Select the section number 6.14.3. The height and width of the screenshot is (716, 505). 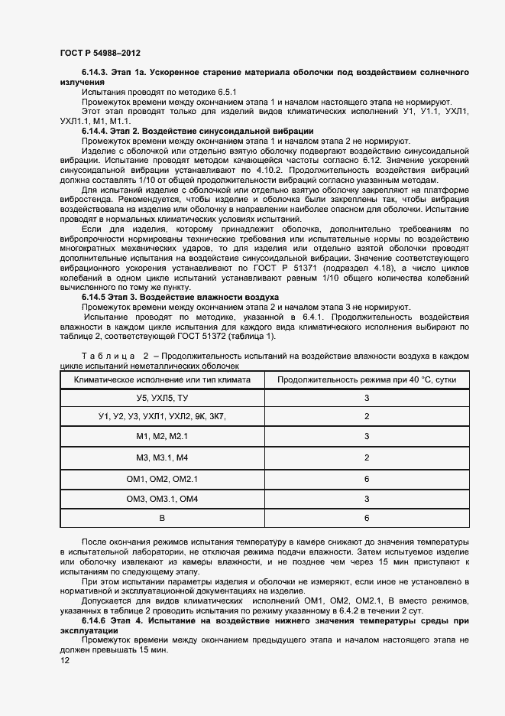tap(96, 72)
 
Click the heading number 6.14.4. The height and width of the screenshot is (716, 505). tap(96, 131)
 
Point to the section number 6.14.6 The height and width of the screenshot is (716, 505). tap(96, 621)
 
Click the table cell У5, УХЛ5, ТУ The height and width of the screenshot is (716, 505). tap(162, 399)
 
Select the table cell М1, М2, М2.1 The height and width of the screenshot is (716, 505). tap(162, 436)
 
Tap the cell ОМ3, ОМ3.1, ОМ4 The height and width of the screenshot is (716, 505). tap(162, 499)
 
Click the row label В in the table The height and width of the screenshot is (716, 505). tap(162, 519)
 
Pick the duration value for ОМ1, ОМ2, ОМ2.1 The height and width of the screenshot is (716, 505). tap(367, 479)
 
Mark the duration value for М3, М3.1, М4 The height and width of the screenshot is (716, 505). tap(367, 457)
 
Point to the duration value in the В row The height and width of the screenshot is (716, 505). tap(367, 519)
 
